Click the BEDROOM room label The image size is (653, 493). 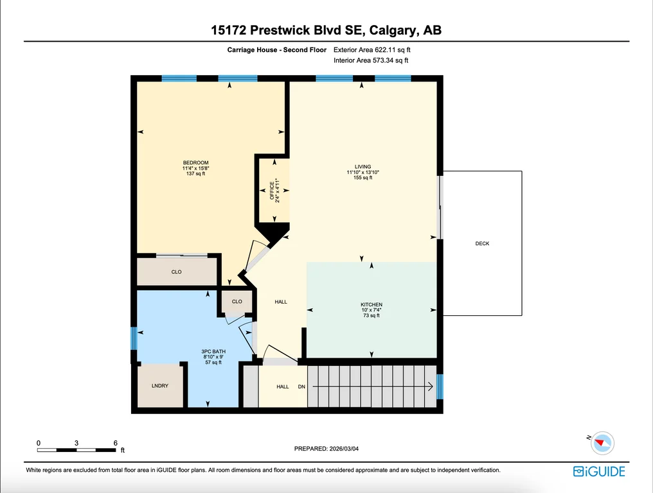[196, 162]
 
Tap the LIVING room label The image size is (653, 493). [362, 166]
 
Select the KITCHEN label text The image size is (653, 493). [371, 304]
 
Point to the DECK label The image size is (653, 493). [482, 243]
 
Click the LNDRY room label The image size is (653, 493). [160, 386]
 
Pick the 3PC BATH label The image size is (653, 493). [213, 352]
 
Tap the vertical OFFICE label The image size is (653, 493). [272, 191]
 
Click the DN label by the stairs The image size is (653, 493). [301, 386]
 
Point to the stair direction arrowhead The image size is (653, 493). [430, 386]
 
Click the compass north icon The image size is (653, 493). [602, 443]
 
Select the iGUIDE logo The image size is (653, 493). [599, 471]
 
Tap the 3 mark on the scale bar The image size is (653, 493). [76, 443]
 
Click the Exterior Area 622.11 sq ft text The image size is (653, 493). [372, 49]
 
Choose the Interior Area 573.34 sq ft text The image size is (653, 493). [371, 60]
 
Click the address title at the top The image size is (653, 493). [326, 30]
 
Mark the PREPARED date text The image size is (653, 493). [326, 449]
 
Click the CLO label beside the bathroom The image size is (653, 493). [237, 302]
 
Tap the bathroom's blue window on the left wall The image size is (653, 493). [134, 338]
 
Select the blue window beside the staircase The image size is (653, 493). [440, 386]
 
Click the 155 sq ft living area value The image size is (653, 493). [362, 178]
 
